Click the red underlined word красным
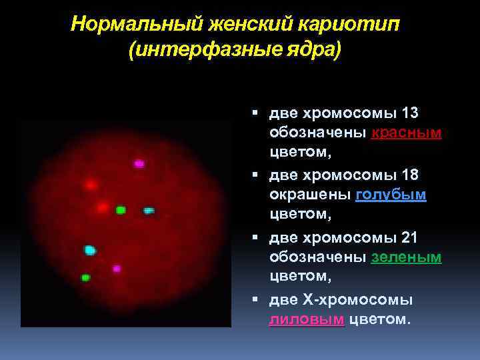(406, 133)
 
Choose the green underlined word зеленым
(406, 257)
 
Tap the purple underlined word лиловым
(307, 319)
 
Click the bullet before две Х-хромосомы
(255, 300)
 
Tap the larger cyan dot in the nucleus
(90, 250)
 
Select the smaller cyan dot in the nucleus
(149, 211)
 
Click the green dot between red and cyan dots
(121, 210)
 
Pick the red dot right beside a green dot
(102, 207)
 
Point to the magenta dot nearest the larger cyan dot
(117, 269)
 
